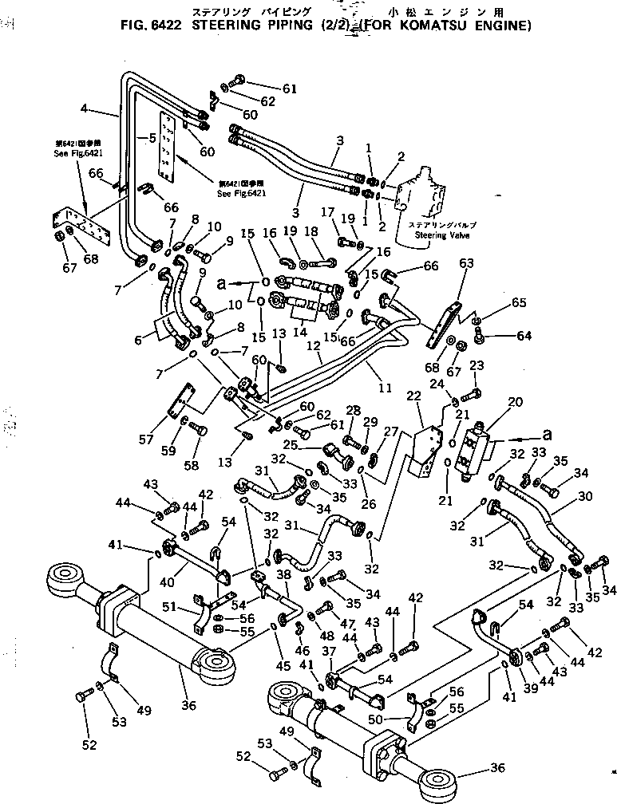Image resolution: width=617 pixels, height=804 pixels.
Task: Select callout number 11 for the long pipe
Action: click(385, 389)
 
